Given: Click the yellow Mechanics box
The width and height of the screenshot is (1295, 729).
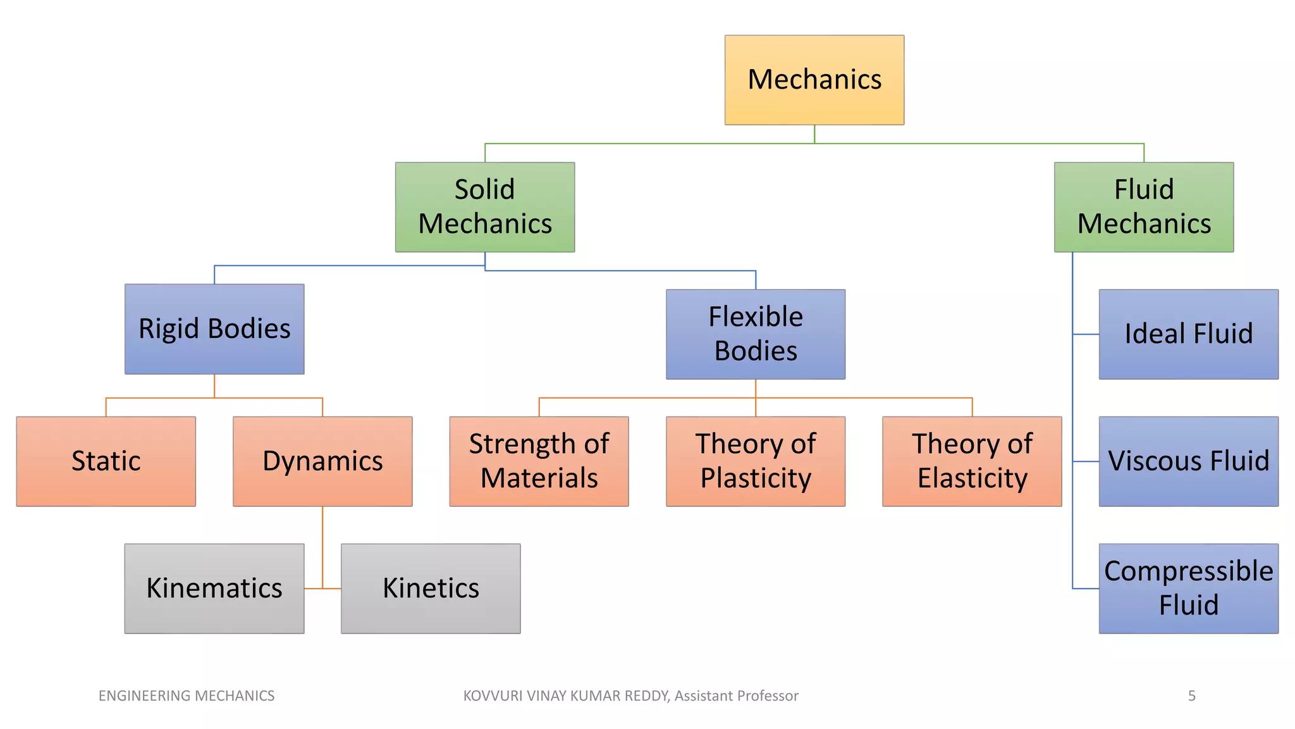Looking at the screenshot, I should point(814,80).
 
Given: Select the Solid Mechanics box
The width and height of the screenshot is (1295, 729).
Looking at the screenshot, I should point(485,207).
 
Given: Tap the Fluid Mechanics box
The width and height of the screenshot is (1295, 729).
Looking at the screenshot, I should point(1143,207).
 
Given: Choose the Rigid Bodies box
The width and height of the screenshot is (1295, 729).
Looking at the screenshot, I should point(214,329).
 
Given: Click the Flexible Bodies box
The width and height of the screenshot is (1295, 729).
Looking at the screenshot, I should point(755,334).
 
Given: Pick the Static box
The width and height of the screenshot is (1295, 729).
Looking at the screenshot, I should point(106,461).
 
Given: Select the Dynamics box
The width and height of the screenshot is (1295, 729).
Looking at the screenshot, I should point(322,461).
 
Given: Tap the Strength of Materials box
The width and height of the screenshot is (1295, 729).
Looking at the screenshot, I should point(539,461).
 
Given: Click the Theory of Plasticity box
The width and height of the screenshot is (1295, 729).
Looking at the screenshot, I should point(755,461).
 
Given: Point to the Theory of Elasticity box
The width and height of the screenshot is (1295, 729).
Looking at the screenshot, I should point(972,461).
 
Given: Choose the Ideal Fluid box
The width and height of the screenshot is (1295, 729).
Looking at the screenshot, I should point(1188,334).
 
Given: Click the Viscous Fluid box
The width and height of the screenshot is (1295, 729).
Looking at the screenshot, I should point(1188,461).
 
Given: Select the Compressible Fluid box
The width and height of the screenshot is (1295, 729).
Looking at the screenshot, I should point(1188,589).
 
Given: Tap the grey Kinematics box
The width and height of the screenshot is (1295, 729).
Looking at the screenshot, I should point(214,589).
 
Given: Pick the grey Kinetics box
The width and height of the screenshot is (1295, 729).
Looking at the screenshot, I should point(431,589).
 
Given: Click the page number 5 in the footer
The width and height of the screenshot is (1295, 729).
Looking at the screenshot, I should point(1191,696).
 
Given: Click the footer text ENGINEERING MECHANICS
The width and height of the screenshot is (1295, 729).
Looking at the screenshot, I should point(187,696).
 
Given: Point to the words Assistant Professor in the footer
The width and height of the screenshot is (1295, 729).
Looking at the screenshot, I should point(736,696).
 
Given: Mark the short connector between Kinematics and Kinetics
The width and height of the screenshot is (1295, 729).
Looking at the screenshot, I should point(322,589).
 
